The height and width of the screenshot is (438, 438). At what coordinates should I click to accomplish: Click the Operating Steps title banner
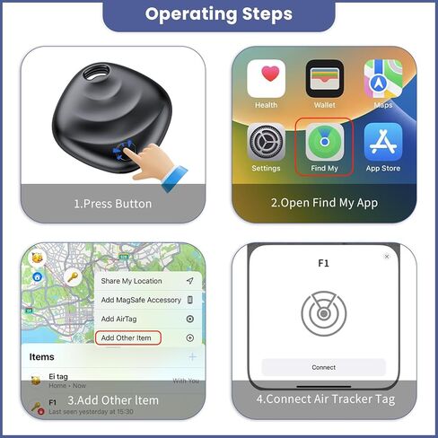point(218,14)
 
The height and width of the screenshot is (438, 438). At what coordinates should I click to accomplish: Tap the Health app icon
point(267,79)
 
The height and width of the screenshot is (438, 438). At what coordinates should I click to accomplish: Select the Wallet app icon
point(324,79)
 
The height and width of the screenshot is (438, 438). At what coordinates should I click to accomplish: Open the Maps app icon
point(382,79)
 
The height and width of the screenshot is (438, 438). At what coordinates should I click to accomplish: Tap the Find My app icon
point(324,143)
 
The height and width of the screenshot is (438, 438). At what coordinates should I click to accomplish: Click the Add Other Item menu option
point(127,337)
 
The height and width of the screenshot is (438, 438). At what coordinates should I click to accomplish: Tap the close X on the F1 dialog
point(387,257)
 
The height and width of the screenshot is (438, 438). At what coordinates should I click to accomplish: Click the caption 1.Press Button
point(112,204)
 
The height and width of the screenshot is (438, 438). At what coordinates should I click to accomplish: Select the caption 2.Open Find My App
point(324,204)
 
